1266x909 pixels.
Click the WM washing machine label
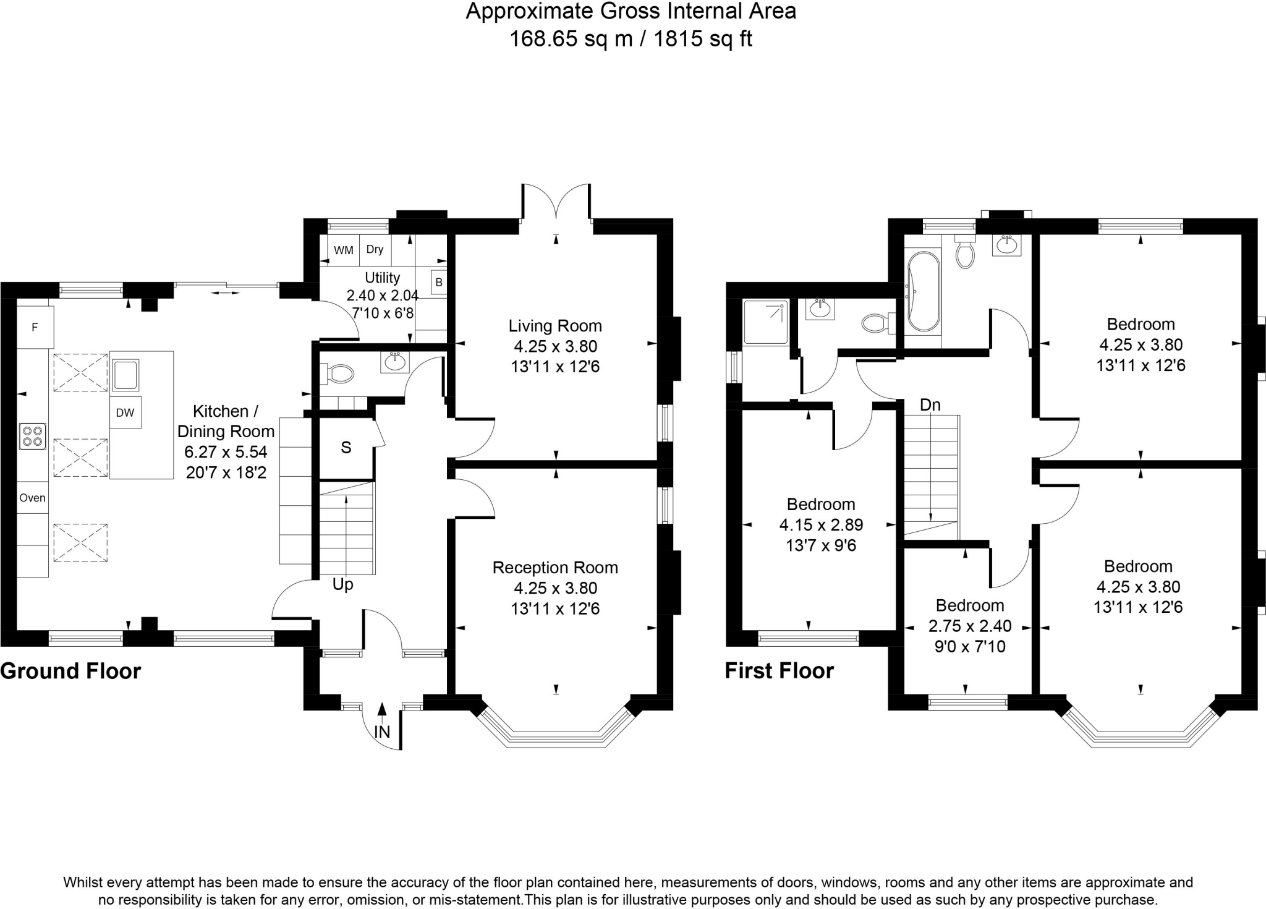click(344, 250)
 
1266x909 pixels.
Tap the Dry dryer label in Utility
click(375, 249)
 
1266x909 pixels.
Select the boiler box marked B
click(439, 283)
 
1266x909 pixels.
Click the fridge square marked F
click(35, 327)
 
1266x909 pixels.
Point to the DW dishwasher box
click(125, 412)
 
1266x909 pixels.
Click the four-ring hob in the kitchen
click(32, 435)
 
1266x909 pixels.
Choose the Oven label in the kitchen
click(32, 498)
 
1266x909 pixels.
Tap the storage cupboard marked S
click(346, 448)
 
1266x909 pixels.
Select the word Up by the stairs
click(343, 585)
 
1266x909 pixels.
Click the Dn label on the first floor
click(930, 405)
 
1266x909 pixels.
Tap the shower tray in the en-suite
click(766, 322)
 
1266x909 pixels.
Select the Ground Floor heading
click(70, 671)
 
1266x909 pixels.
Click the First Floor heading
click(780, 671)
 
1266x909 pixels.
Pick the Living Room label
click(555, 326)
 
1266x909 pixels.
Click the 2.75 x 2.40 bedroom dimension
click(970, 626)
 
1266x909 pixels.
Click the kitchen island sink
click(125, 375)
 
